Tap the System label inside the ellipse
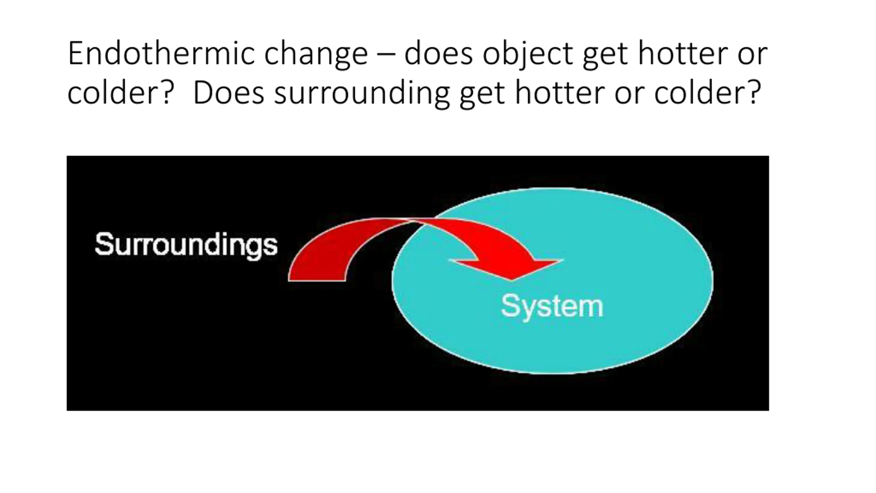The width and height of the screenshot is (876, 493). [x=552, y=306]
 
